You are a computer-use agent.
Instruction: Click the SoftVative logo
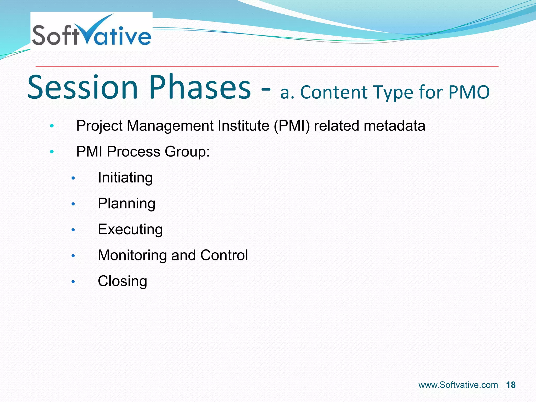point(91,32)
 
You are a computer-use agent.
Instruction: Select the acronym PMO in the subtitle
point(469,92)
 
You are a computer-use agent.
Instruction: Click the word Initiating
point(125,178)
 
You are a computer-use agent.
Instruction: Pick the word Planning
point(126,204)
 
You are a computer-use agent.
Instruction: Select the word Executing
point(130,230)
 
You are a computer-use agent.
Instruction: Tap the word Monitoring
point(132,255)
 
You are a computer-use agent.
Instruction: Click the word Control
point(224,255)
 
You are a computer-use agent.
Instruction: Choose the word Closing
point(122,281)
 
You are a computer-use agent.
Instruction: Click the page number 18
point(511,385)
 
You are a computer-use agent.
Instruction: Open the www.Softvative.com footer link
point(458,385)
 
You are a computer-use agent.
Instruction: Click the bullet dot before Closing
point(73,282)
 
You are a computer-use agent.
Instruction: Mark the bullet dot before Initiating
point(73,178)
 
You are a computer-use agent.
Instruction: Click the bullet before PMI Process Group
point(52,152)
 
